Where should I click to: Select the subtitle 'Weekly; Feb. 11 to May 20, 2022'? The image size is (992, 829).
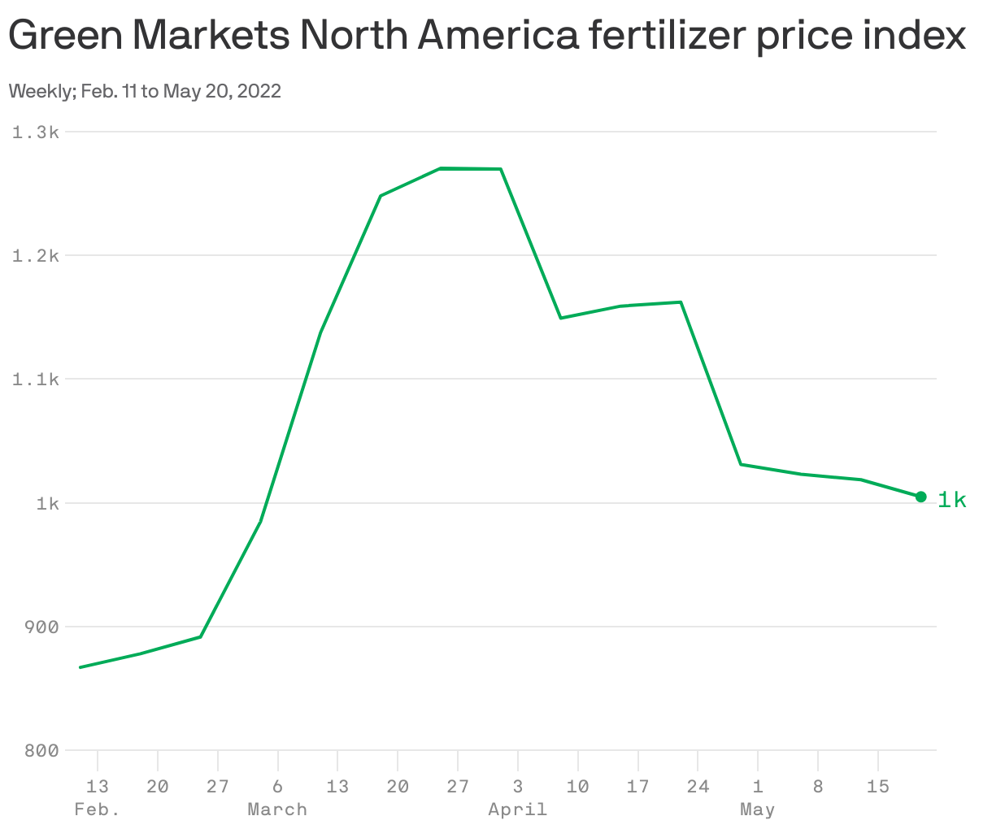145,91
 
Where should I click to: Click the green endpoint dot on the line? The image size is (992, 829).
920,497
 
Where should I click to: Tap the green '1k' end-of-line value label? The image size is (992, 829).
951,500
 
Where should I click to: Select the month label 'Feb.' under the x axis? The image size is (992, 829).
97,809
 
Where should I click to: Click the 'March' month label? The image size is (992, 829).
277,809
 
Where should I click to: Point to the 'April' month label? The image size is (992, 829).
517,809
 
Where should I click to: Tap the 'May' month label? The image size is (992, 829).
757,809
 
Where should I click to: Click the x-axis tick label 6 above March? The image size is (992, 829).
277,787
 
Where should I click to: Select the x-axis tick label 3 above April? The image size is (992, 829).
517,787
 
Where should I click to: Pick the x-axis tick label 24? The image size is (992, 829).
698,787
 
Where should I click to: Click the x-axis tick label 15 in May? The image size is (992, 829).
877,787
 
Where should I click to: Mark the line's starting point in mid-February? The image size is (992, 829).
80,667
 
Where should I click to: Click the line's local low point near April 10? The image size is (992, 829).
561,318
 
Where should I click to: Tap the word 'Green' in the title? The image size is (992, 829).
64,37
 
